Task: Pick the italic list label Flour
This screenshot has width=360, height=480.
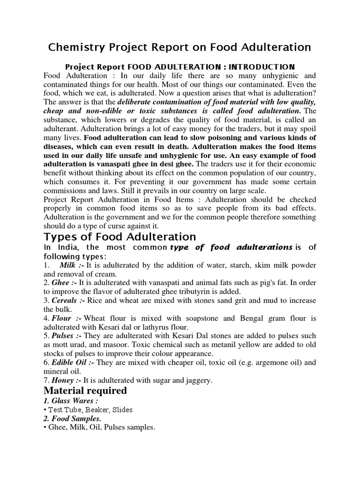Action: coord(64,319)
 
